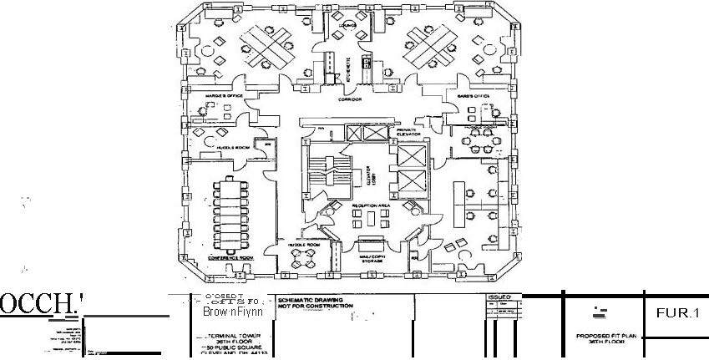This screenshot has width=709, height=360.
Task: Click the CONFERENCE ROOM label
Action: (x=230, y=258)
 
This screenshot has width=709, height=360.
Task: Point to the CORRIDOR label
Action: (x=349, y=99)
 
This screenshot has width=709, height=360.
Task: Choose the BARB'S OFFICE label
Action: (x=474, y=96)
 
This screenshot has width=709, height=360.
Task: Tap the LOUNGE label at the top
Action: (x=348, y=24)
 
